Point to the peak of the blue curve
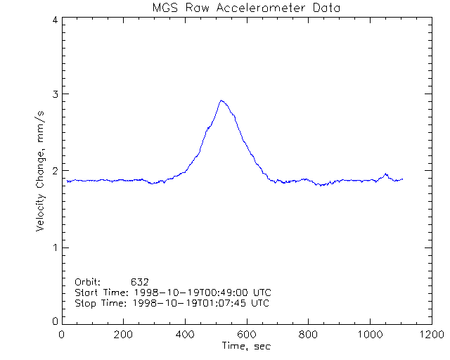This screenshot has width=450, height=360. (x=221, y=100)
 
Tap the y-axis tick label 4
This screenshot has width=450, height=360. (x=54, y=20)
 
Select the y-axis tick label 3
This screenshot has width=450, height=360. (x=54, y=94)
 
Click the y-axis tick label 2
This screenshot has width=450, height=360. (x=54, y=171)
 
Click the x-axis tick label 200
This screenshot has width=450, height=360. (x=124, y=335)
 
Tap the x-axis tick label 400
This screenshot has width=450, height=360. (x=185, y=335)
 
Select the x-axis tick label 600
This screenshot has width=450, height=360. (x=247, y=335)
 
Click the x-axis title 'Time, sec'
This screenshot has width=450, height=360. (x=246, y=346)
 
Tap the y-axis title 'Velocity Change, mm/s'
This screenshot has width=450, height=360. (x=41, y=171)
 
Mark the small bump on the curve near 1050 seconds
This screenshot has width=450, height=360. (x=385, y=174)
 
